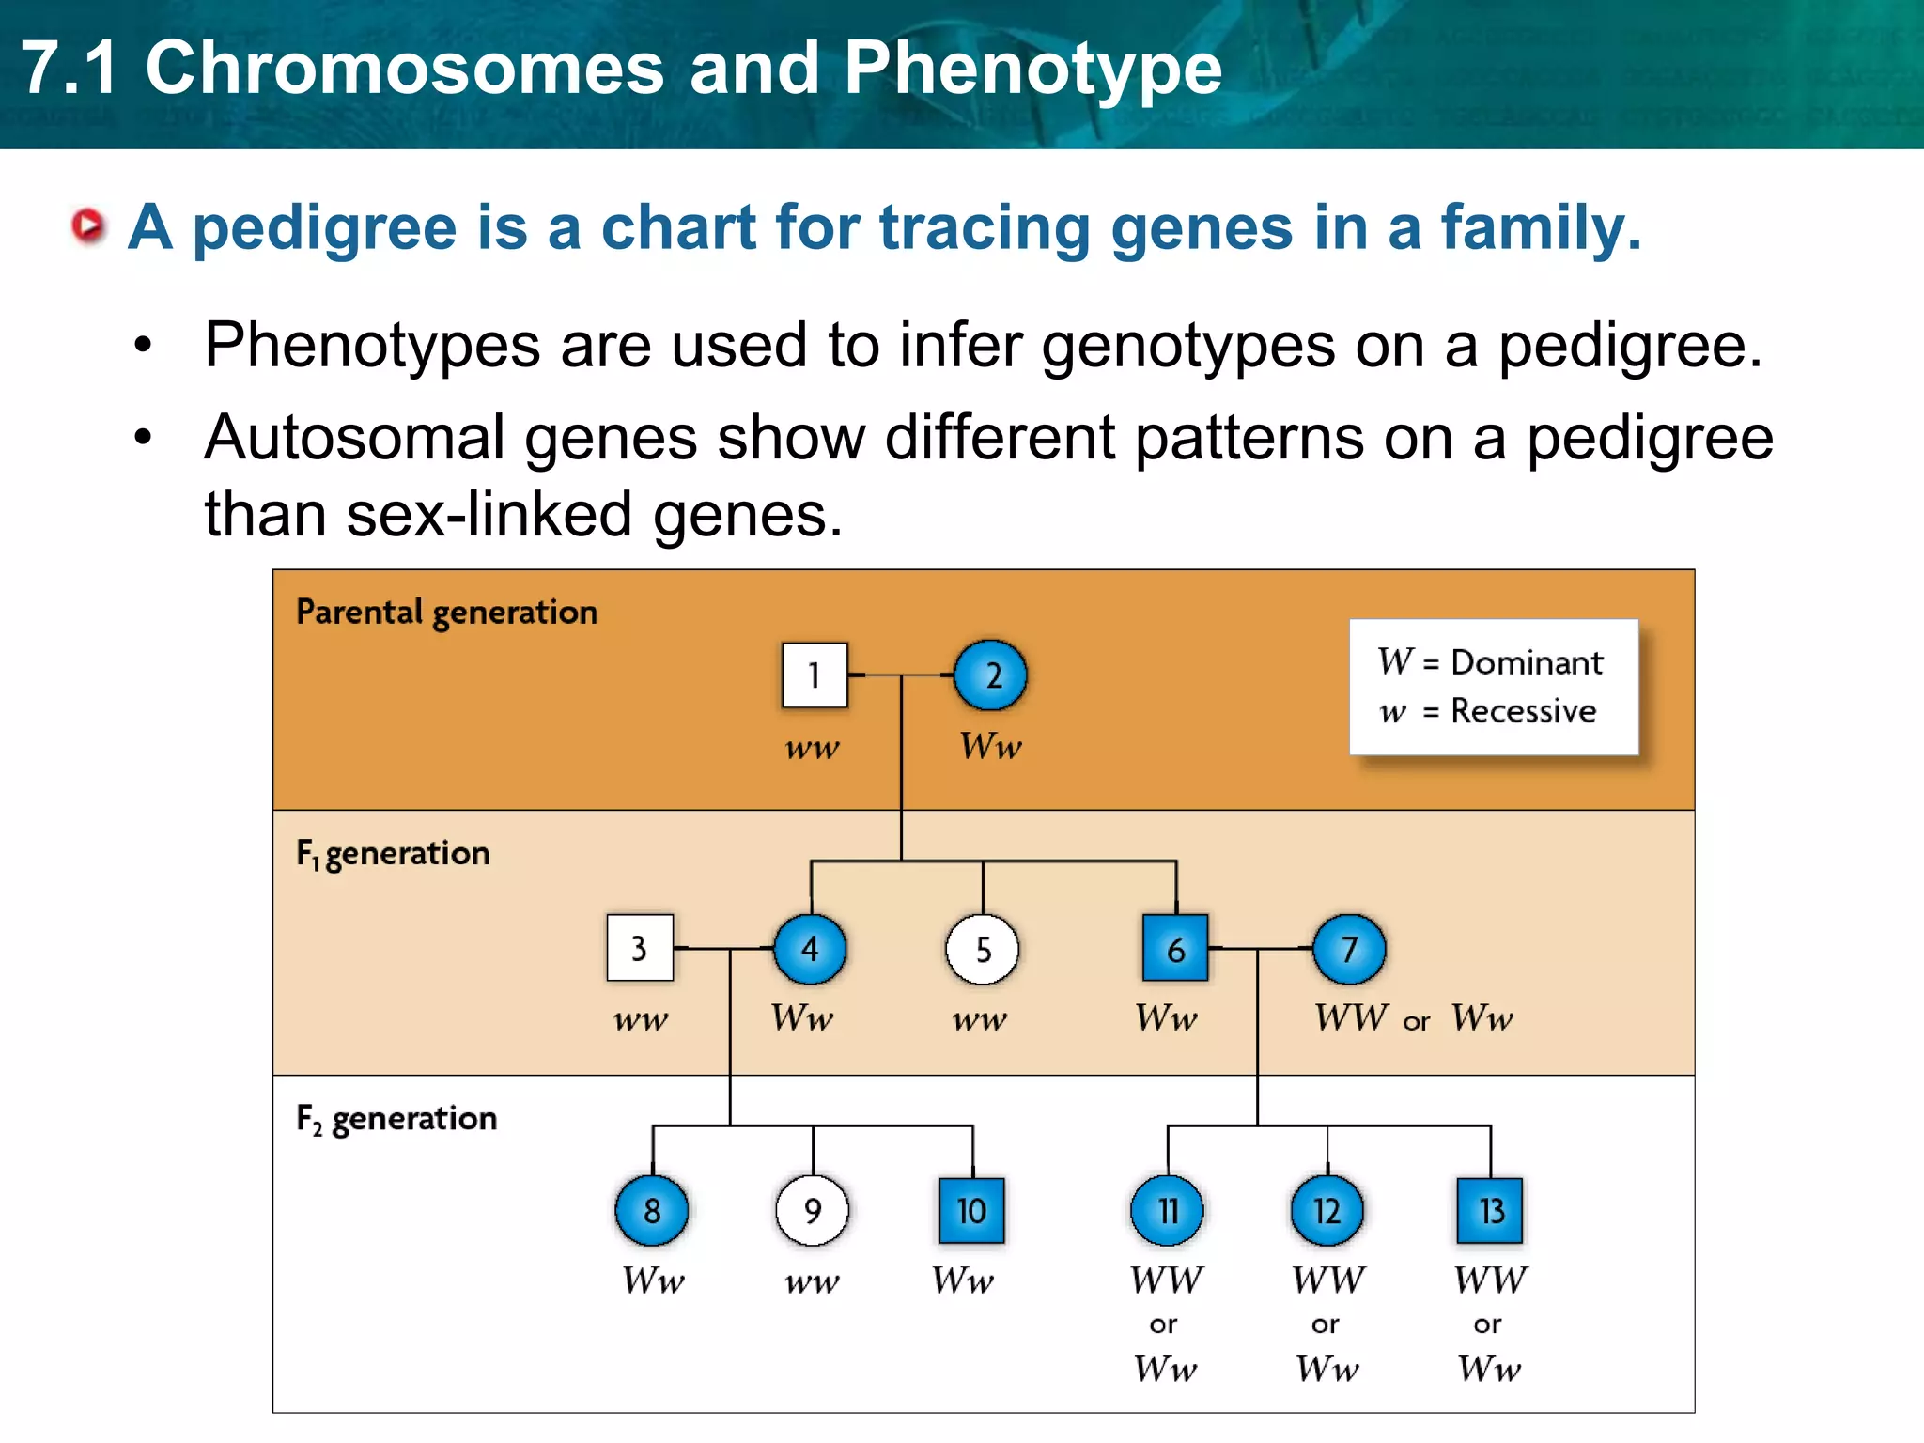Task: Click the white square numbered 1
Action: [815, 675]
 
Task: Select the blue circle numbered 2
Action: [990, 675]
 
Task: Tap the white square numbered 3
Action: [640, 948]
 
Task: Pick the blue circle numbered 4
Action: [810, 949]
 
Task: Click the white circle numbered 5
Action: [982, 950]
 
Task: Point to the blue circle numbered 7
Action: [1348, 949]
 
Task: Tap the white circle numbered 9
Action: [812, 1210]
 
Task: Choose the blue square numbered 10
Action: [971, 1210]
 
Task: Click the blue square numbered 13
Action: [1490, 1210]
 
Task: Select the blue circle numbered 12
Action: [1327, 1210]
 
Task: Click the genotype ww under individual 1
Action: [813, 749]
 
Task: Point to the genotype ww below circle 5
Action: [980, 1019]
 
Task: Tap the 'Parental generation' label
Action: [446, 613]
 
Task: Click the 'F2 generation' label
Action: [396, 1119]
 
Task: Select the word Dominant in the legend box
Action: [1527, 662]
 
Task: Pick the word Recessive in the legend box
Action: [1523, 711]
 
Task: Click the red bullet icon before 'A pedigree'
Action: [89, 226]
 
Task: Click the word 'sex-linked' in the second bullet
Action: [489, 515]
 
